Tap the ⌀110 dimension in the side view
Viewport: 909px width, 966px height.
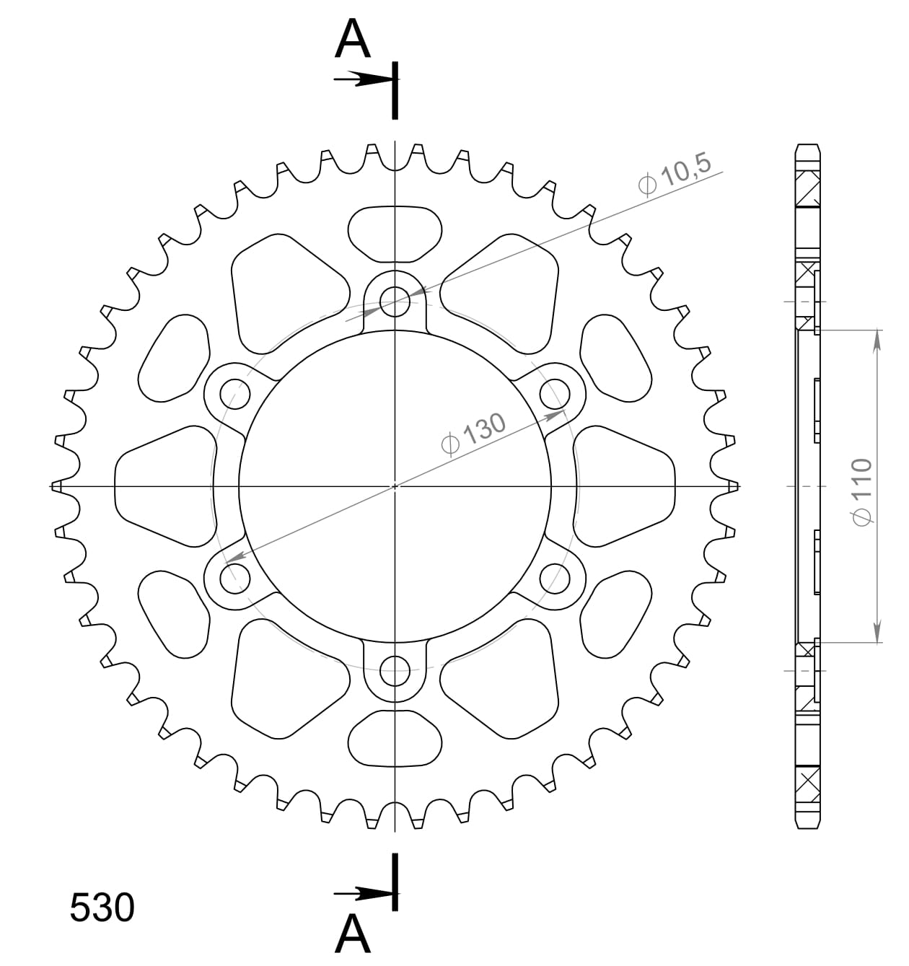pos(862,491)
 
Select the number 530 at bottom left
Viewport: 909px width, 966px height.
pos(102,908)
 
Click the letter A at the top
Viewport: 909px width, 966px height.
pos(353,39)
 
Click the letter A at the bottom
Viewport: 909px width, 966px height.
pos(353,935)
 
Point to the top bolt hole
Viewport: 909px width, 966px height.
pos(395,299)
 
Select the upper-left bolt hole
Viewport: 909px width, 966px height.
pos(234,392)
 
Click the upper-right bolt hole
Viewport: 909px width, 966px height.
pos(555,392)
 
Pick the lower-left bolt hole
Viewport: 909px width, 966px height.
pos(234,578)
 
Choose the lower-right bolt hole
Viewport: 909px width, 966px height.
pos(555,578)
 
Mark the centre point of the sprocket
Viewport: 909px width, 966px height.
pos(395,486)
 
